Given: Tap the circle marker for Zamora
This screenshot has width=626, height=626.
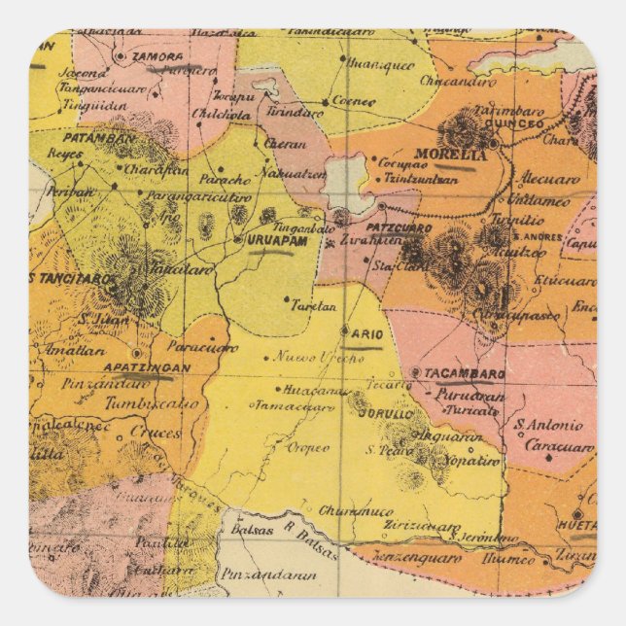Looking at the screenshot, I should tap(121, 56).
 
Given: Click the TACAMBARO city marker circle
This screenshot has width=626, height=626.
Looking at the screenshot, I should tap(415, 372).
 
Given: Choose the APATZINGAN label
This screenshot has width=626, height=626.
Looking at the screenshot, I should tap(145, 369).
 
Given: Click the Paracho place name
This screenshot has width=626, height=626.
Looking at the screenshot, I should tap(225, 180).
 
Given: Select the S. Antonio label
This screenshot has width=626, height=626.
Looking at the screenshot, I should tap(548, 424).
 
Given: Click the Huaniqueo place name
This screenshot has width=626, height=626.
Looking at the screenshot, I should tap(380, 66).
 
